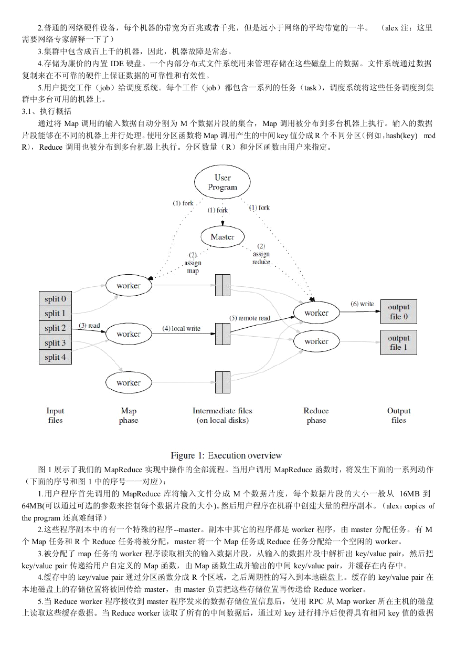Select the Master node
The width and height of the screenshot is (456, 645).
[x=222, y=237]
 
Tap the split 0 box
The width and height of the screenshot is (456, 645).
[x=55, y=298]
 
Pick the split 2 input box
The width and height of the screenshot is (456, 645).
[x=55, y=328]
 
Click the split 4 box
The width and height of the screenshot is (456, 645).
[x=55, y=357]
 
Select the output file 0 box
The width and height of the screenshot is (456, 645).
[x=399, y=311]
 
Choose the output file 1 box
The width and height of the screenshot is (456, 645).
[x=399, y=342]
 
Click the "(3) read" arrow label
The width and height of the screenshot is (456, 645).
[x=89, y=325]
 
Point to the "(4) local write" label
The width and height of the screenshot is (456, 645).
[x=181, y=329]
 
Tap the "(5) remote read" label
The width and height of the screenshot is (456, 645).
[x=250, y=318]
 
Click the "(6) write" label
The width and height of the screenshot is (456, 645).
[x=362, y=304]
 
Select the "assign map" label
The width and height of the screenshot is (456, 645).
[x=193, y=267]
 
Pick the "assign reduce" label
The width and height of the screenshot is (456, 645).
[x=261, y=258]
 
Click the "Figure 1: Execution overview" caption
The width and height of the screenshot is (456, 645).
[x=226, y=455]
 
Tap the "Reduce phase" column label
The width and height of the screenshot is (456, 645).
[x=316, y=415]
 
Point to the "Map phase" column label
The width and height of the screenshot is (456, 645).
[x=129, y=415]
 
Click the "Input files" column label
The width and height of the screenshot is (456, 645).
[x=55, y=415]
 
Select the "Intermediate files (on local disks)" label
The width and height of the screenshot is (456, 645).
[x=222, y=415]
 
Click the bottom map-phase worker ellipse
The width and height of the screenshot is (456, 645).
[x=129, y=382]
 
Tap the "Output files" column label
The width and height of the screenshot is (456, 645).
[x=399, y=415]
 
